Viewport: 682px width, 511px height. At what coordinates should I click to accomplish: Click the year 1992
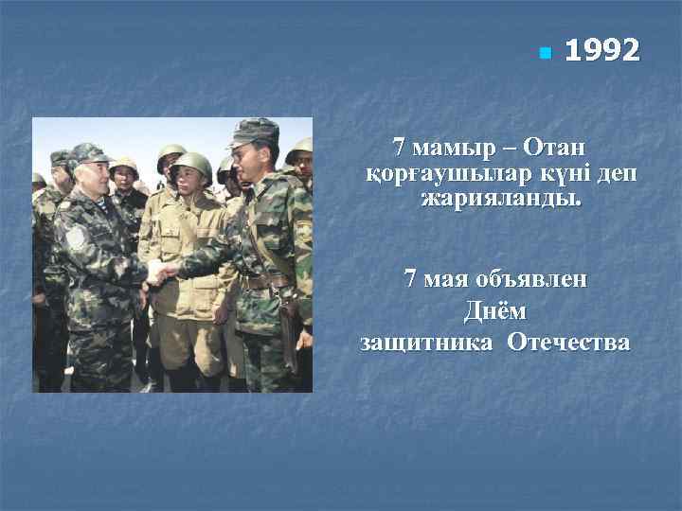tap(601, 51)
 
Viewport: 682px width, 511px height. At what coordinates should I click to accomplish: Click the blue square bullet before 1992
tap(544, 53)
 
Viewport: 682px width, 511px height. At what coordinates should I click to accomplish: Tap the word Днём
tap(494, 310)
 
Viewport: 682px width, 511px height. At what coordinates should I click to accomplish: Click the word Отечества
tap(568, 342)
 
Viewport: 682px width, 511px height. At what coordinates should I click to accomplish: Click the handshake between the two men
tap(161, 274)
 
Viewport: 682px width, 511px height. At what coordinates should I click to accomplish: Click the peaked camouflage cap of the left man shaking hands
tap(87, 153)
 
